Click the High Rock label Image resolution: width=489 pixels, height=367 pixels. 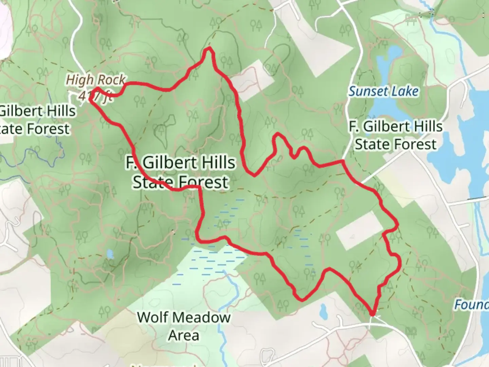tap(95, 80)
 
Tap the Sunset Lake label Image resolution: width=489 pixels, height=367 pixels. tap(384, 91)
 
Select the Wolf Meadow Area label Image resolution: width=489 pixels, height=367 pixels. tap(184, 326)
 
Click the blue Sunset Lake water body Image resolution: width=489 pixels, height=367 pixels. tap(384, 109)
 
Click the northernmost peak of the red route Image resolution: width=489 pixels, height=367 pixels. tap(209, 50)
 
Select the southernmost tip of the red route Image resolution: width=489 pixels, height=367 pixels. tap(373, 314)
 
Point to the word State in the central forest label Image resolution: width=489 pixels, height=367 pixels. tap(152, 182)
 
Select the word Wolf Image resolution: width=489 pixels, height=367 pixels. tap(152, 317)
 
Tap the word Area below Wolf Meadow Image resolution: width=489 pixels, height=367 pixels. tap(184, 335)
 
